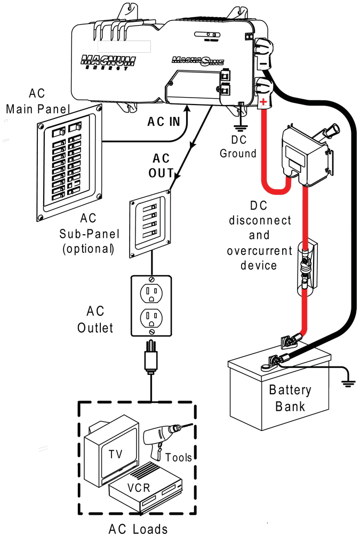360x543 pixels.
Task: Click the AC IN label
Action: (164, 122)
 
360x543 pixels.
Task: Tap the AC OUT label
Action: (163, 166)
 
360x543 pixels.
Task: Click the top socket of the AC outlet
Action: (151, 292)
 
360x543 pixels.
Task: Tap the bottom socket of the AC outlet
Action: (151, 318)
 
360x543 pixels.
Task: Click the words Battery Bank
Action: (290, 398)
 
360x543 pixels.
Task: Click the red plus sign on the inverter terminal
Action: (263, 101)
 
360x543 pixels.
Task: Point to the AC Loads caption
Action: (138, 529)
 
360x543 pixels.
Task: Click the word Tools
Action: (178, 457)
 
